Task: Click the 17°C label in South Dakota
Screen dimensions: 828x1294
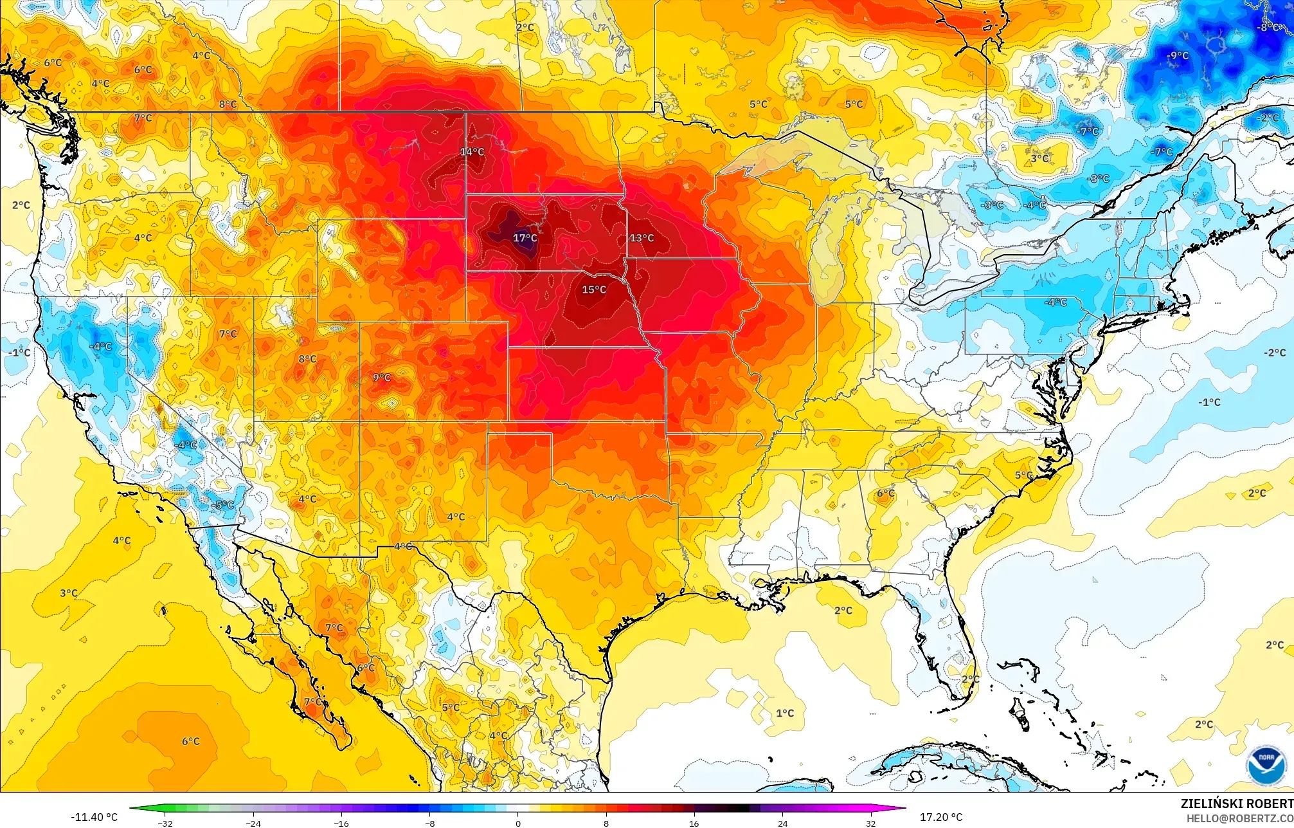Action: (x=525, y=238)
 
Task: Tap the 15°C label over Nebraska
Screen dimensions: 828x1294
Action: (x=594, y=290)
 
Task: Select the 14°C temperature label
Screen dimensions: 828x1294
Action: (x=472, y=152)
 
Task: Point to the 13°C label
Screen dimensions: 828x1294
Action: (x=642, y=238)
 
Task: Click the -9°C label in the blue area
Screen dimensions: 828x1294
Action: (x=1178, y=56)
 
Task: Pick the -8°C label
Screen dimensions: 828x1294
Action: (x=1269, y=28)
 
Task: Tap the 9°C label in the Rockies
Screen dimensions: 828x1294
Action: (x=382, y=378)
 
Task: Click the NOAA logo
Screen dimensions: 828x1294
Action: (x=1265, y=766)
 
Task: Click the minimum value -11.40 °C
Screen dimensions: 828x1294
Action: (x=94, y=817)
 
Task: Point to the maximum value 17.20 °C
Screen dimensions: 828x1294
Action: (x=941, y=817)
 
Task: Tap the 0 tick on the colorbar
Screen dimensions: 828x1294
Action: (x=518, y=823)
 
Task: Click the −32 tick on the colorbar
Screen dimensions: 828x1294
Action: (x=165, y=823)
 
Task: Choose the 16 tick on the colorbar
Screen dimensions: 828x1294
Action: (x=694, y=823)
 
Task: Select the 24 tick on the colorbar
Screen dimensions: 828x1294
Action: (x=782, y=823)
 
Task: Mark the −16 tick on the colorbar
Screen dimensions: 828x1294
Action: (x=341, y=823)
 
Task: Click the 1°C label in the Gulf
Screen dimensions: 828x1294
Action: (x=785, y=713)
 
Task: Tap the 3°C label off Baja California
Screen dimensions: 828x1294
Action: (x=69, y=593)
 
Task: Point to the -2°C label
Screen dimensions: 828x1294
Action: (x=1274, y=353)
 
